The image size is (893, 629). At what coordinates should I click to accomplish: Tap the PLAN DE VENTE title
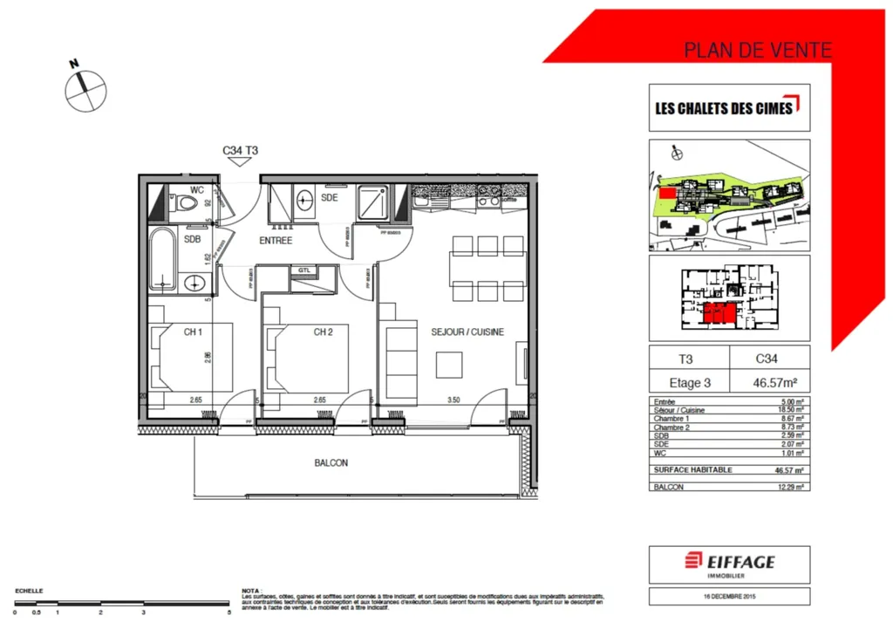(757, 51)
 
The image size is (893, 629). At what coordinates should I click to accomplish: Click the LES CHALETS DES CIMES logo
(729, 108)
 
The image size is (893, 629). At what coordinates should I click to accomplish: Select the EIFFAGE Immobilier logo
(729, 563)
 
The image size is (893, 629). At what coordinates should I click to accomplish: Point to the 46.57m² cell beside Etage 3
(769, 382)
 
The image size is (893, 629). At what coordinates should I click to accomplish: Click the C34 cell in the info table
(769, 358)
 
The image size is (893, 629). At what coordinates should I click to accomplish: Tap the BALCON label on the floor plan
(331, 463)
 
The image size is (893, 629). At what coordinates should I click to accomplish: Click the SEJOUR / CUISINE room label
(467, 332)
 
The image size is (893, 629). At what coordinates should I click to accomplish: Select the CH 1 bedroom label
(193, 332)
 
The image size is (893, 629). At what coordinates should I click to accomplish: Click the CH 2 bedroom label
(324, 332)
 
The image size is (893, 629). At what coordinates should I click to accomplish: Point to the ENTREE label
(275, 241)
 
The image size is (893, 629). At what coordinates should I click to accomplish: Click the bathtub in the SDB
(163, 258)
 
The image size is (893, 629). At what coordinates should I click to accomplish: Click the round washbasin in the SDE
(304, 198)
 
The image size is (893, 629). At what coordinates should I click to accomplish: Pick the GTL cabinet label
(304, 271)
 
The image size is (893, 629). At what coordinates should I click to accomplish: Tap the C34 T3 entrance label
(240, 151)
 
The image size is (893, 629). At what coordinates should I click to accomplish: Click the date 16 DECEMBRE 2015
(729, 598)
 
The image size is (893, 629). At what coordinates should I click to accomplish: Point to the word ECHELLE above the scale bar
(29, 591)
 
